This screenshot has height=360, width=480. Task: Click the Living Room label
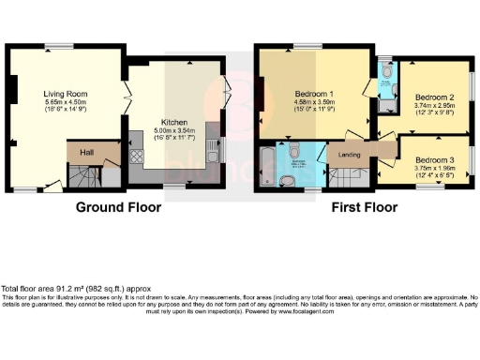65,93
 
